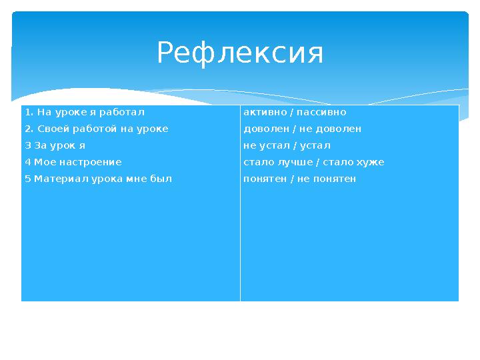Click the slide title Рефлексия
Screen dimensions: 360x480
[240, 53]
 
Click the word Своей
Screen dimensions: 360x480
[51, 129]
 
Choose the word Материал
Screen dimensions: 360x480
[60, 179]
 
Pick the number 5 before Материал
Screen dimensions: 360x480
[27, 179]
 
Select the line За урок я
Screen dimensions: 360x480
[56, 145]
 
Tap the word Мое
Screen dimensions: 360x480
[41, 162]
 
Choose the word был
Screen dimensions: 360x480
[162, 179]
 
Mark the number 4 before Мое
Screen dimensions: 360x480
[27, 162]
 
